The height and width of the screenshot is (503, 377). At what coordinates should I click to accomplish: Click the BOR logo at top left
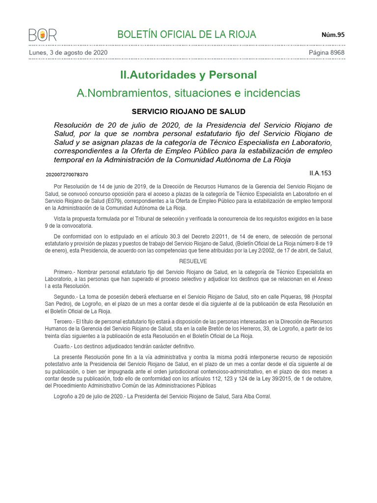[43, 35]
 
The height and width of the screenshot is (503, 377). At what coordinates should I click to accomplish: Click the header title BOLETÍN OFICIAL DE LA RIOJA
[187, 34]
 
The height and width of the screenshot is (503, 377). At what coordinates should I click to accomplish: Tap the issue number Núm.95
[333, 34]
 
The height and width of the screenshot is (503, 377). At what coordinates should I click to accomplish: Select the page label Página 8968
[326, 53]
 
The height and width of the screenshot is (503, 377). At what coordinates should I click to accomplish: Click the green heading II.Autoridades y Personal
[188, 75]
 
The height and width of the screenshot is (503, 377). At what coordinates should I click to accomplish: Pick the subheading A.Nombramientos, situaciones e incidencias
[188, 93]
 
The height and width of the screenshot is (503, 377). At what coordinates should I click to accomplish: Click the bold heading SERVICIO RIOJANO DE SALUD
[188, 112]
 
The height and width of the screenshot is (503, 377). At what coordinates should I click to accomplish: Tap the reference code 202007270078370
[67, 174]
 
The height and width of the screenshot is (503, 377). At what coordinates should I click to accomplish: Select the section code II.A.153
[321, 173]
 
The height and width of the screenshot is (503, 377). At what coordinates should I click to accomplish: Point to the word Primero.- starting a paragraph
[65, 272]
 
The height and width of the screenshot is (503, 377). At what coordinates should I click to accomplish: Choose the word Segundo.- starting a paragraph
[66, 297]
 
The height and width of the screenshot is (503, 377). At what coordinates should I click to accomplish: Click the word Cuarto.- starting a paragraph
[64, 346]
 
